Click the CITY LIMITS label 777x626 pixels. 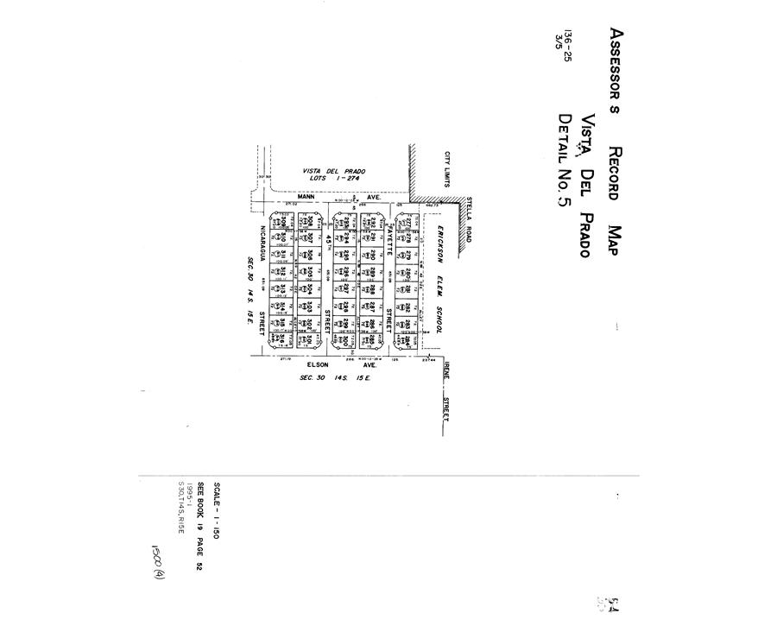click(x=447, y=169)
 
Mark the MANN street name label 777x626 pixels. click(x=303, y=197)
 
